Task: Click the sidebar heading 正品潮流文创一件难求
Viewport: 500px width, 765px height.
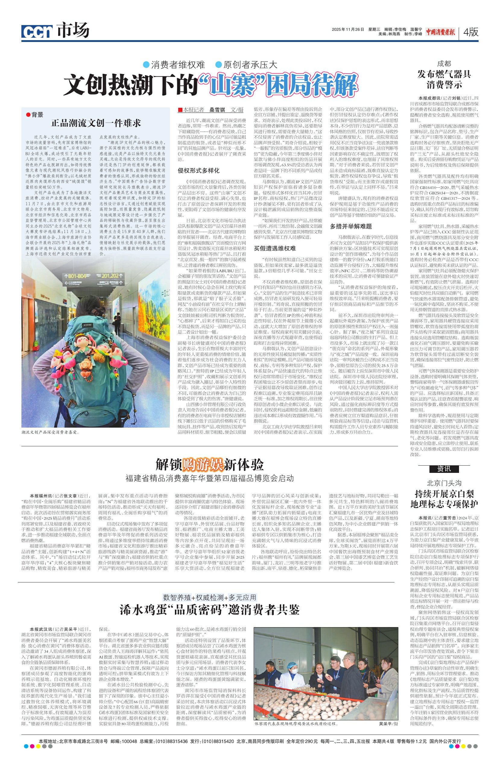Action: pos(96,123)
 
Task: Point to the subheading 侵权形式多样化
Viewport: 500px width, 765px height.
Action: pos(198,171)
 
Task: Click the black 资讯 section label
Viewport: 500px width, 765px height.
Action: pos(444,469)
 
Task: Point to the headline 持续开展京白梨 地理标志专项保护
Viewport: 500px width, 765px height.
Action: pos(444,498)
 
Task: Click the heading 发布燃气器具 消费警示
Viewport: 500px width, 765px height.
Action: pos(444,79)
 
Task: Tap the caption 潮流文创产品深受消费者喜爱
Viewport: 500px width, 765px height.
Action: pos(50,432)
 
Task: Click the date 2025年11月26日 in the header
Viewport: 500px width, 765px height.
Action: pos(348,29)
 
